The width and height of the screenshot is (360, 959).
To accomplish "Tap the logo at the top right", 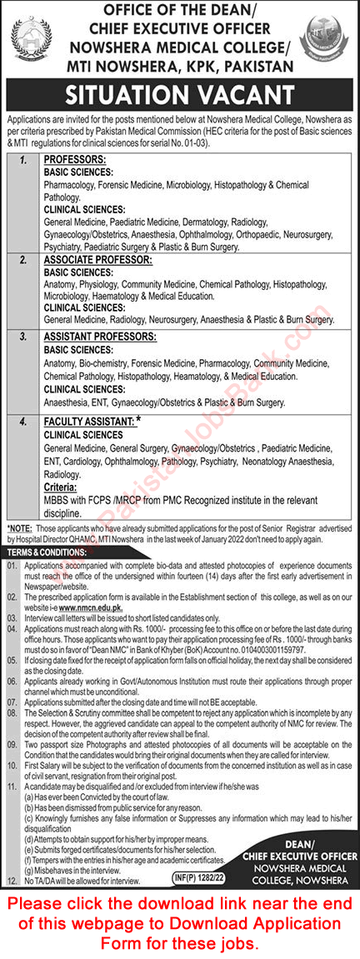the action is (x=326, y=38).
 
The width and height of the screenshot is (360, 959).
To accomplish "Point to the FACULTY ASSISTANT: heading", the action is (x=88, y=422).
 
